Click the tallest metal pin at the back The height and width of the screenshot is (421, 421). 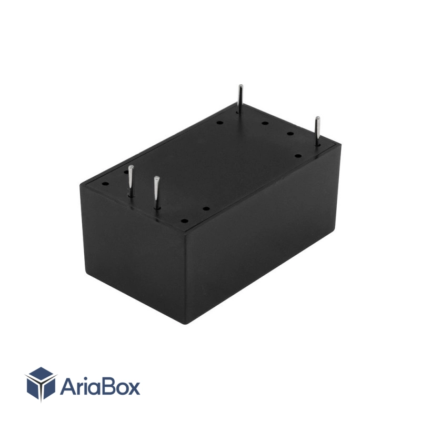click(240, 99)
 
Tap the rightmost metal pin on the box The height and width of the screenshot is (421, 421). click(318, 131)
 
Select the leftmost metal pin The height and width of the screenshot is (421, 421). click(131, 181)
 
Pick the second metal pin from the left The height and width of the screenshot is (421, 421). click(156, 192)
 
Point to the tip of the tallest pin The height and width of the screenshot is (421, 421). click(241, 85)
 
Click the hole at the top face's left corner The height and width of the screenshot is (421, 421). click(106, 184)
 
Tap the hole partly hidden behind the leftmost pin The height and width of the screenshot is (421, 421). click(126, 172)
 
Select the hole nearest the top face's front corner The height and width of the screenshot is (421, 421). click(184, 221)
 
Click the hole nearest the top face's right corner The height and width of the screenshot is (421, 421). click(298, 156)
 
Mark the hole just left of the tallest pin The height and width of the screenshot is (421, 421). click(219, 123)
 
